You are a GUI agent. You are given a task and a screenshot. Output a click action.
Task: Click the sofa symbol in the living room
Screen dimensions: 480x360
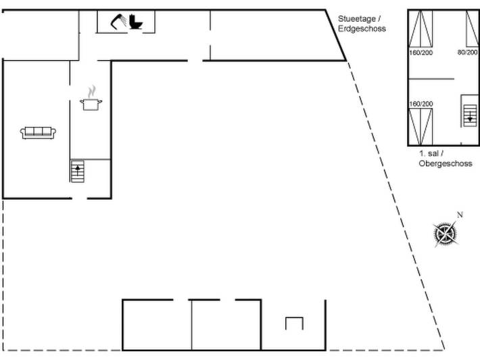[x=38, y=133]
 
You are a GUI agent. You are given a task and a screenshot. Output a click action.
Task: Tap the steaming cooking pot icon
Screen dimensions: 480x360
[x=91, y=99]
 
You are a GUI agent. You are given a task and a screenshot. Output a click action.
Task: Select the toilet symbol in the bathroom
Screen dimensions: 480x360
[x=136, y=22]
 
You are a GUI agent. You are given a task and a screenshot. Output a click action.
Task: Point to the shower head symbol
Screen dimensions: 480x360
[x=118, y=22]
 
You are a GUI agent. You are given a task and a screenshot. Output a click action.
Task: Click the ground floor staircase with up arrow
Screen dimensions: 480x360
[x=78, y=171]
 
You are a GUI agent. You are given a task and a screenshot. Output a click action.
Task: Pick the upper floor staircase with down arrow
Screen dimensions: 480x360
[x=470, y=115]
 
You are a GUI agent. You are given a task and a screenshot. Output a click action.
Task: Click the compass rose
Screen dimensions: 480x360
[x=446, y=234]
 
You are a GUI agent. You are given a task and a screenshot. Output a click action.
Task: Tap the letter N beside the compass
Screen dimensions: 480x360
[x=460, y=215]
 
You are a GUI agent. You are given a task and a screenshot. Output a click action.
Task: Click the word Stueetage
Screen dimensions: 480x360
[x=357, y=19]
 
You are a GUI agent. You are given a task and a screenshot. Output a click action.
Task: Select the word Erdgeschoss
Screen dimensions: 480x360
[x=362, y=28]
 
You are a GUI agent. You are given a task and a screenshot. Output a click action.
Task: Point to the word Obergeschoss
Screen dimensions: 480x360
[x=446, y=163]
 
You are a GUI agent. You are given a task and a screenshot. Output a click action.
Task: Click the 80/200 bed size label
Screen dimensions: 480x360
[x=467, y=52]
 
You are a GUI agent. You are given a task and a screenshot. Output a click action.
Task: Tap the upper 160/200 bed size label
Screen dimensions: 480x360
[x=421, y=53]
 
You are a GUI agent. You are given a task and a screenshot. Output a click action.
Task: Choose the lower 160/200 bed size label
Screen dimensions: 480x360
[x=421, y=104]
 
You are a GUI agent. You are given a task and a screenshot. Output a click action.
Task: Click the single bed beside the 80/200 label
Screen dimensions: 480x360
[x=473, y=29]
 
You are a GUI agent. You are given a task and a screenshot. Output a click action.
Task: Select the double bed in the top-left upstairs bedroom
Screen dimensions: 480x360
[x=421, y=29]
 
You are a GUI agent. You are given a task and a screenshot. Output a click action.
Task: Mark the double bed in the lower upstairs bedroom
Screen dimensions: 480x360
[x=421, y=126]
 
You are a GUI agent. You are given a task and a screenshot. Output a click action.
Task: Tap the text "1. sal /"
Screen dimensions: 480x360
[x=431, y=153]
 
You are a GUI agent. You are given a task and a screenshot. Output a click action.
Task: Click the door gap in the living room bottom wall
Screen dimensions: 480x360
[x=80, y=199]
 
